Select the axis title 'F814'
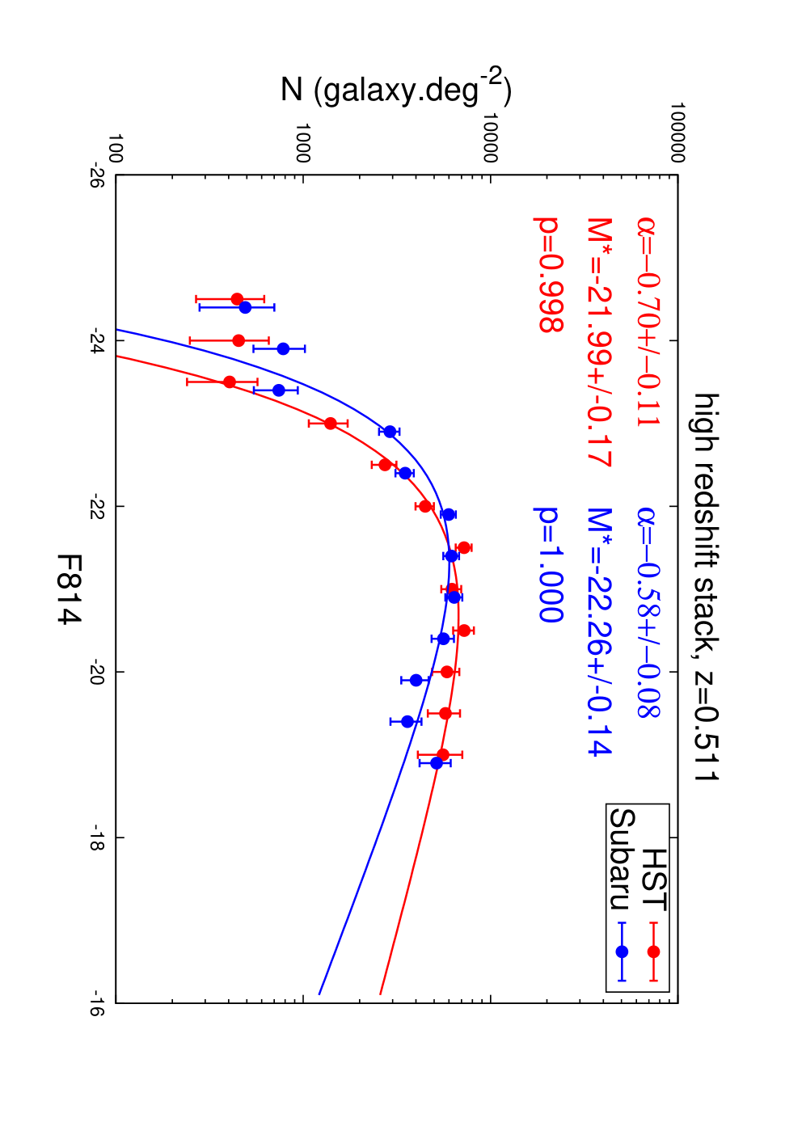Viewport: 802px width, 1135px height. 69,589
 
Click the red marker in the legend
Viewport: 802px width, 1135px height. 653,951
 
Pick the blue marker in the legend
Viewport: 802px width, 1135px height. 623,951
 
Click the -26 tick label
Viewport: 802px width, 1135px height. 96,175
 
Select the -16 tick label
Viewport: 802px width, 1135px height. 96,1002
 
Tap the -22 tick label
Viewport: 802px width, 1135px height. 96,506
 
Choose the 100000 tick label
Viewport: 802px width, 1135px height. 677,133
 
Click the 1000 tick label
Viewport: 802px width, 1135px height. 303,143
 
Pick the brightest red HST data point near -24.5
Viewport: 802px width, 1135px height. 237,299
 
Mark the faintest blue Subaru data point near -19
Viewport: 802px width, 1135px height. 437,763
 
